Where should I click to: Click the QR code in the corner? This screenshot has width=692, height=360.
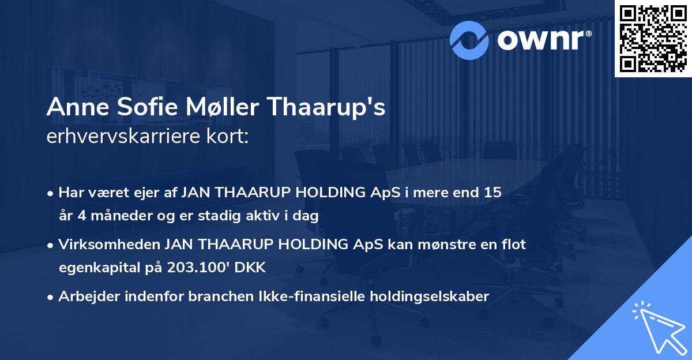(653, 38)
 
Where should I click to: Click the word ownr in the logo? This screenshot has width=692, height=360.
(542, 39)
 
